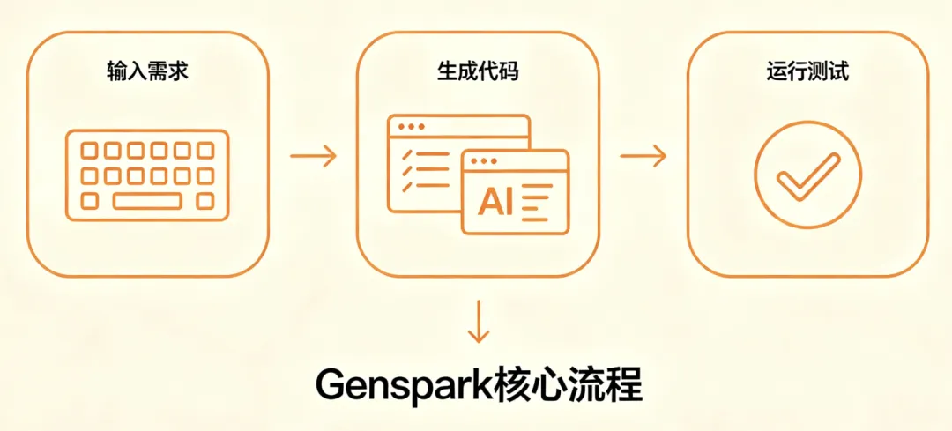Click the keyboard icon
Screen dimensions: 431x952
147,175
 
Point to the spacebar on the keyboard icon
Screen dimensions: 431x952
147,201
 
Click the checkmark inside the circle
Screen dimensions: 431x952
807,174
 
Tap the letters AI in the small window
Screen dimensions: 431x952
495,202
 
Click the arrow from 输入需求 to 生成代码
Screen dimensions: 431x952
313,157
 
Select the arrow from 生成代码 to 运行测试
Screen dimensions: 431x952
643,157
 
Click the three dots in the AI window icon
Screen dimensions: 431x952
485,161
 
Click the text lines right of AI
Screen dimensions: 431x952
534,203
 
